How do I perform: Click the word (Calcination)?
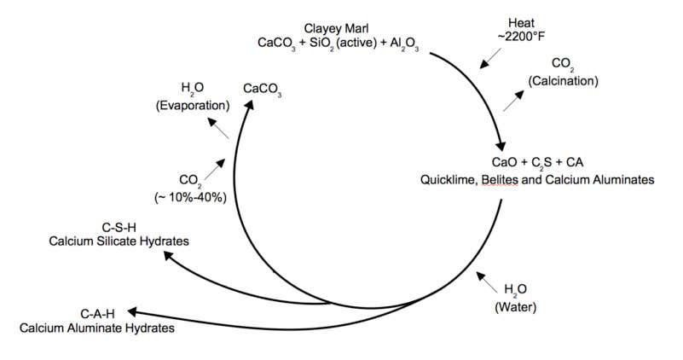562,81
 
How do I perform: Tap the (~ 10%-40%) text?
189,197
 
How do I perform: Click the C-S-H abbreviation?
119,228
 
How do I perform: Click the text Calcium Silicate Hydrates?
119,241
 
